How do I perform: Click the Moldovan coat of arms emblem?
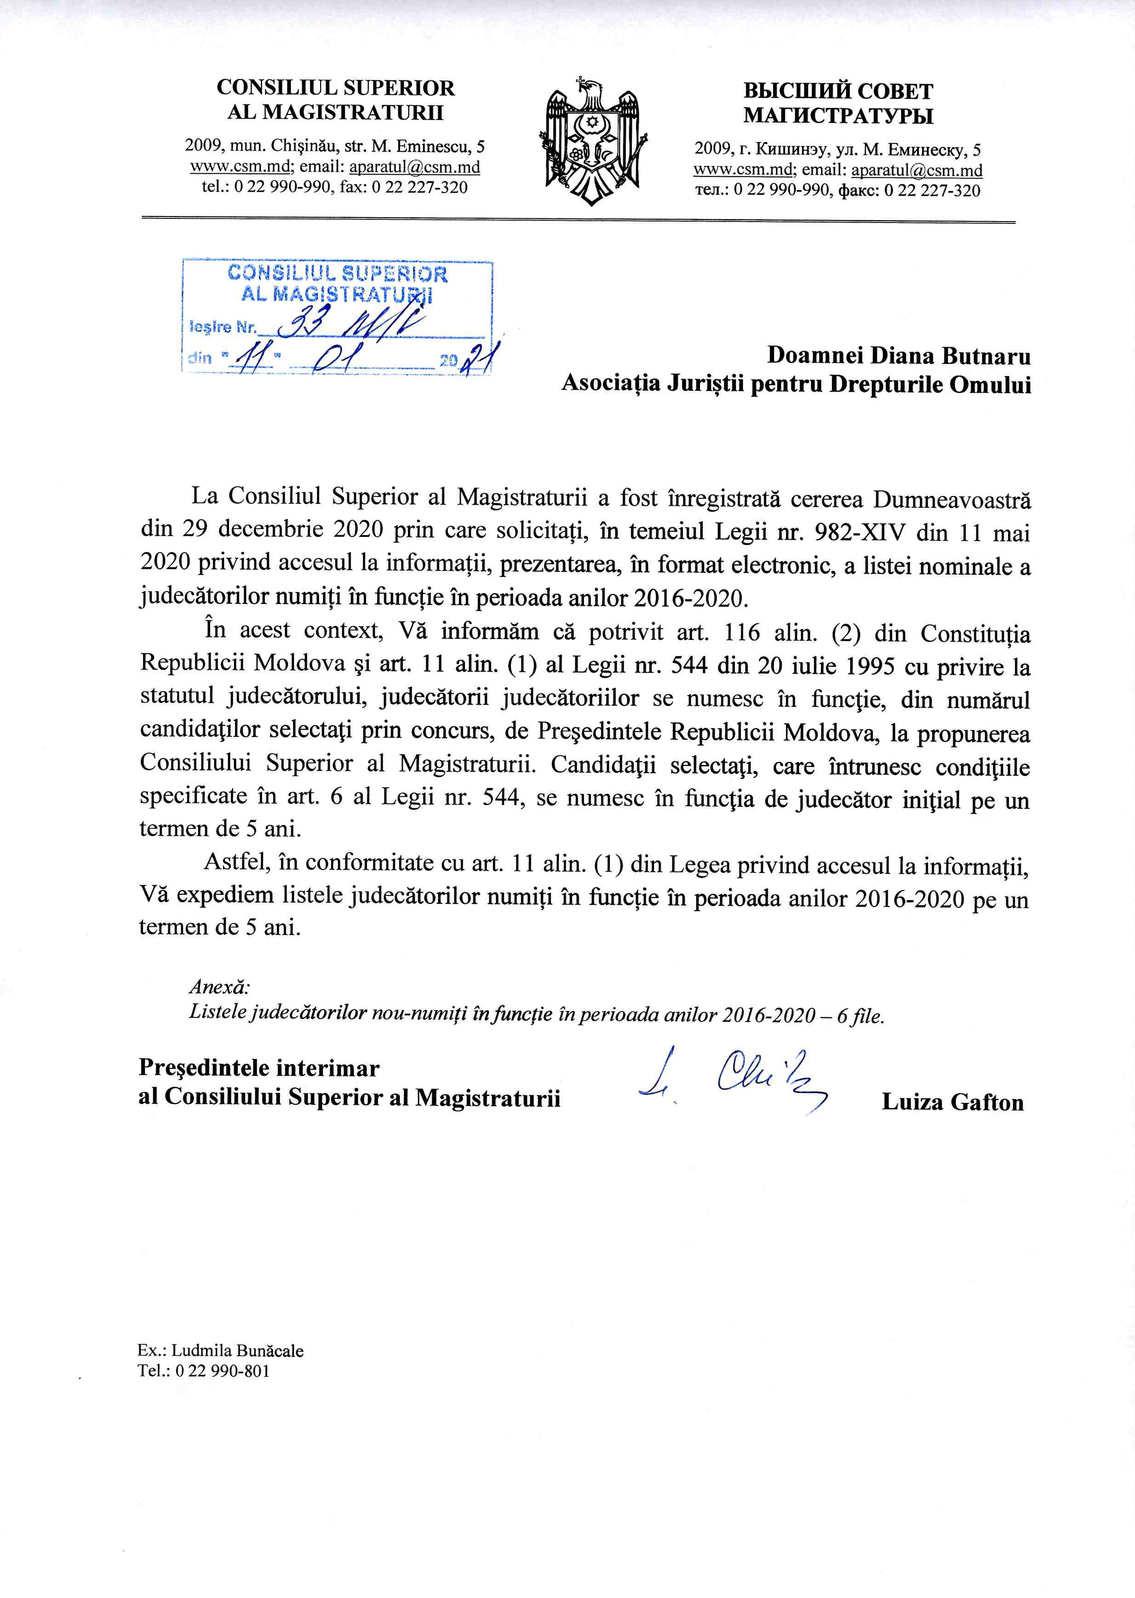(x=590, y=140)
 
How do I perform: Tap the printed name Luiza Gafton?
(x=952, y=1102)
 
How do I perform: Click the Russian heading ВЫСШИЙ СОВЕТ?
(x=837, y=91)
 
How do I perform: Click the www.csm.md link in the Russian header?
(x=743, y=171)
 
